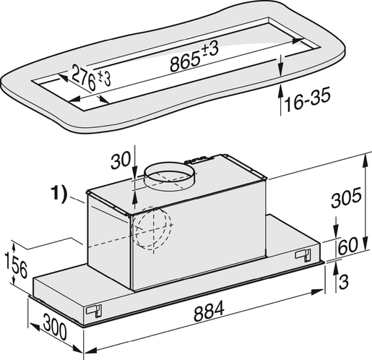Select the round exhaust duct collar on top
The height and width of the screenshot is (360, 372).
click(171, 177)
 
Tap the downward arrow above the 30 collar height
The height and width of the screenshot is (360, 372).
click(134, 169)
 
